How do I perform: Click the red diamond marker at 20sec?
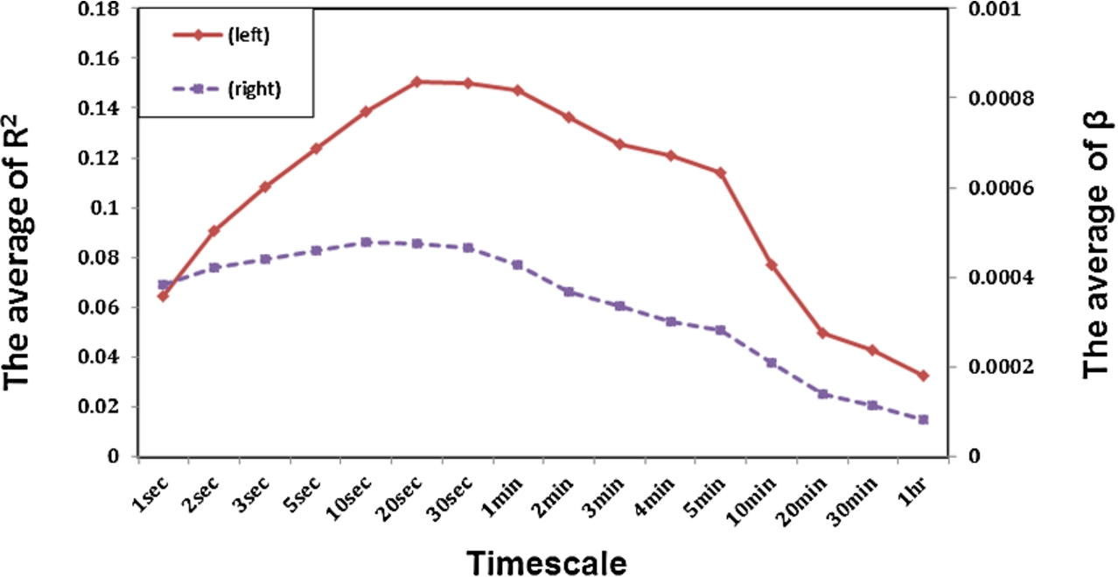coord(417,81)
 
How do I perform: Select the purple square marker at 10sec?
coord(367,243)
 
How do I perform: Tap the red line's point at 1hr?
coord(923,376)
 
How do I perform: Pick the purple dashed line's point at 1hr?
coord(923,419)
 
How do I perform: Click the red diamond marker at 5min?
coord(720,172)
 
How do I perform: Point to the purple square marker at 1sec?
coord(164,285)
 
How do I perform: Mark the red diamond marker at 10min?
coord(772,264)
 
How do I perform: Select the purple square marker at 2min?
coord(569,292)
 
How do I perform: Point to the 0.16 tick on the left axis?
coord(99,59)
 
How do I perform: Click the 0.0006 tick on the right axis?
coord(1002,188)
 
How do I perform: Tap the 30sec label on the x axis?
coord(451,498)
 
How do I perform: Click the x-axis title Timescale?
coord(547,563)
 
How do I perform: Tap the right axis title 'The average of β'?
coord(1098,245)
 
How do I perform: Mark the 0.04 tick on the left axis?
coord(99,356)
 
